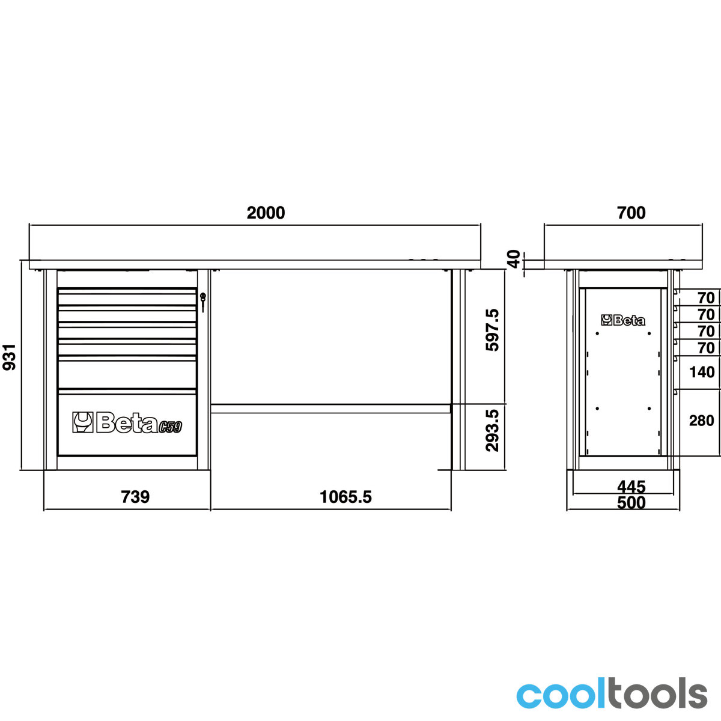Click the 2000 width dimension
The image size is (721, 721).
(x=266, y=213)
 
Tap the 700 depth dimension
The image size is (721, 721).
(x=631, y=213)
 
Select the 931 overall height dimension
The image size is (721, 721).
(x=10, y=357)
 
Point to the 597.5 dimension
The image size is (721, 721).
(x=493, y=330)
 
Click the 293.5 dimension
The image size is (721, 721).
(x=493, y=431)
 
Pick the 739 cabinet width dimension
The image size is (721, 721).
(x=135, y=497)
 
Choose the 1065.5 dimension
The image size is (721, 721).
(x=345, y=497)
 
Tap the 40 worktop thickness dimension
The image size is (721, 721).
(x=515, y=259)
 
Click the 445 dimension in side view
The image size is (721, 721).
(x=631, y=487)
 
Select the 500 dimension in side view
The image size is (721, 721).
(x=631, y=503)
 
